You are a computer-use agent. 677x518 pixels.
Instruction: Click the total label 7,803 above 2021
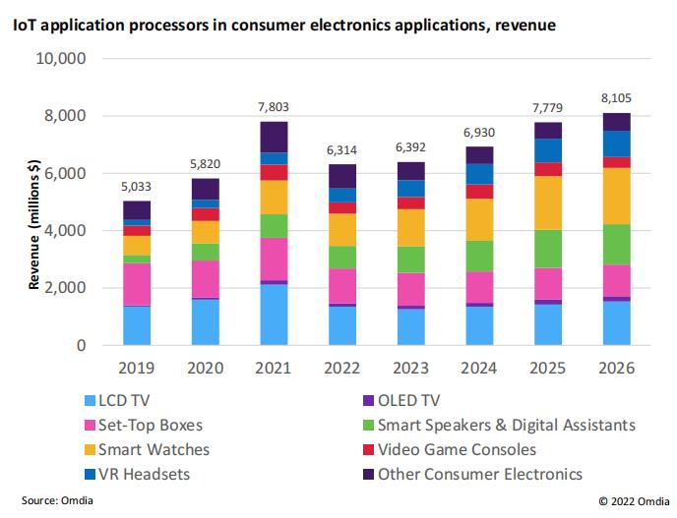[x=274, y=106]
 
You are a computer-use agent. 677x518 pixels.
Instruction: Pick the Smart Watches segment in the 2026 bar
[x=617, y=196]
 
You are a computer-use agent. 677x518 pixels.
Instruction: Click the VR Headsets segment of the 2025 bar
[x=549, y=150]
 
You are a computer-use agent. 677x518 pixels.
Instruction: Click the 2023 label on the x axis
[x=412, y=369]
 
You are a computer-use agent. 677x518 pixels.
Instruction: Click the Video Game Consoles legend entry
[x=456, y=449]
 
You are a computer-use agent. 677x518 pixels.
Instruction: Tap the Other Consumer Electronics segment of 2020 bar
[x=206, y=189]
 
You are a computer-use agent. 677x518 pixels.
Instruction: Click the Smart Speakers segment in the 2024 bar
[x=480, y=256]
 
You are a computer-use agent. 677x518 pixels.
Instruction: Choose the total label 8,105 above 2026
[x=617, y=97]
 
